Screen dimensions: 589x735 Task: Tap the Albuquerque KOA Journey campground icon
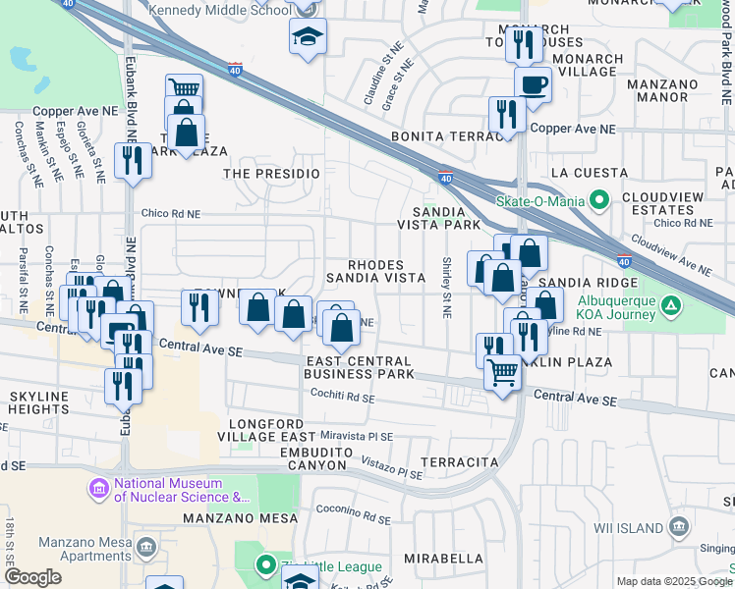(x=670, y=305)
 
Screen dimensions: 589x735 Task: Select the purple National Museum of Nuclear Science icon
(x=99, y=488)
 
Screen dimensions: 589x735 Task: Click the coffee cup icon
(x=533, y=85)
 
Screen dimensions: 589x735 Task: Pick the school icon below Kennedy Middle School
(x=308, y=37)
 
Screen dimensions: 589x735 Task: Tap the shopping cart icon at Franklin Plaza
(x=502, y=373)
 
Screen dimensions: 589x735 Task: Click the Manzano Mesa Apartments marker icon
(x=146, y=545)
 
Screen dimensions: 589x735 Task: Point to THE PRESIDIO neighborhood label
(x=272, y=173)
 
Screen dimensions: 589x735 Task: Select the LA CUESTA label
(x=589, y=173)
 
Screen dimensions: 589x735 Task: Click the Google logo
(x=32, y=577)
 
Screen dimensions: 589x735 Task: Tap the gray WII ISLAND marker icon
(x=679, y=527)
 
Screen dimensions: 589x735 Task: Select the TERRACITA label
(x=455, y=461)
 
